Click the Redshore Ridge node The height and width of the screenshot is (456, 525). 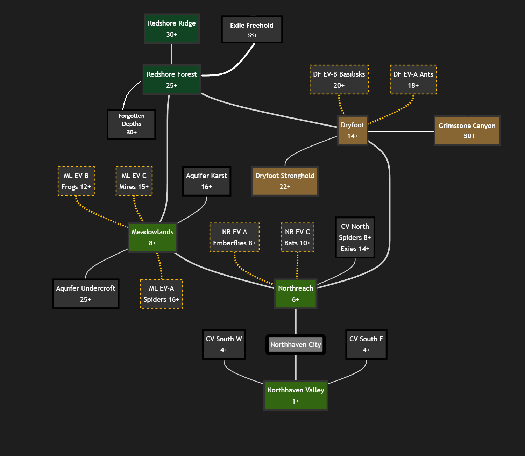pos(172,29)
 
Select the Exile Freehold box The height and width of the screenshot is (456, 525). pos(252,29)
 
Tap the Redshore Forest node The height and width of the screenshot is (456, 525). pos(172,79)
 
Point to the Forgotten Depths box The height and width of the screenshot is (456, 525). pos(132,124)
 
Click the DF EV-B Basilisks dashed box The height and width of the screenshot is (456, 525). pos(339,79)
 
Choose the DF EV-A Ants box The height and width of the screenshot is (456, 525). pos(413,79)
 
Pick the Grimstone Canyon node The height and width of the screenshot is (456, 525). pos(467,130)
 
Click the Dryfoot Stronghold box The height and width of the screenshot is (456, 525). pos(285,181)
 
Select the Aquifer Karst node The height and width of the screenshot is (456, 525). pos(206,181)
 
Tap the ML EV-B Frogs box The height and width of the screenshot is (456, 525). pos(76,181)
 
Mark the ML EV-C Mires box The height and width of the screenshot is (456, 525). pos(134,181)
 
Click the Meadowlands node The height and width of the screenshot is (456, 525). pos(152,237)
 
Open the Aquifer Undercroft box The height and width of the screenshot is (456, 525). pos(86,293)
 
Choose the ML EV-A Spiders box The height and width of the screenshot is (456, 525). pos(161,293)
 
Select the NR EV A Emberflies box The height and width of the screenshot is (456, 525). pos(234,237)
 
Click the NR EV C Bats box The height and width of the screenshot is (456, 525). pos(297,237)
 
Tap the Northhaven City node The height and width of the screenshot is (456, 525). pos(296,344)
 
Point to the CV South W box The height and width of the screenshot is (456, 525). pos(224,344)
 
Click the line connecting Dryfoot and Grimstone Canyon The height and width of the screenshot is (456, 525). pos(401,131)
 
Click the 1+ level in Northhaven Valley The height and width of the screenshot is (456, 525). pos(296,401)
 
